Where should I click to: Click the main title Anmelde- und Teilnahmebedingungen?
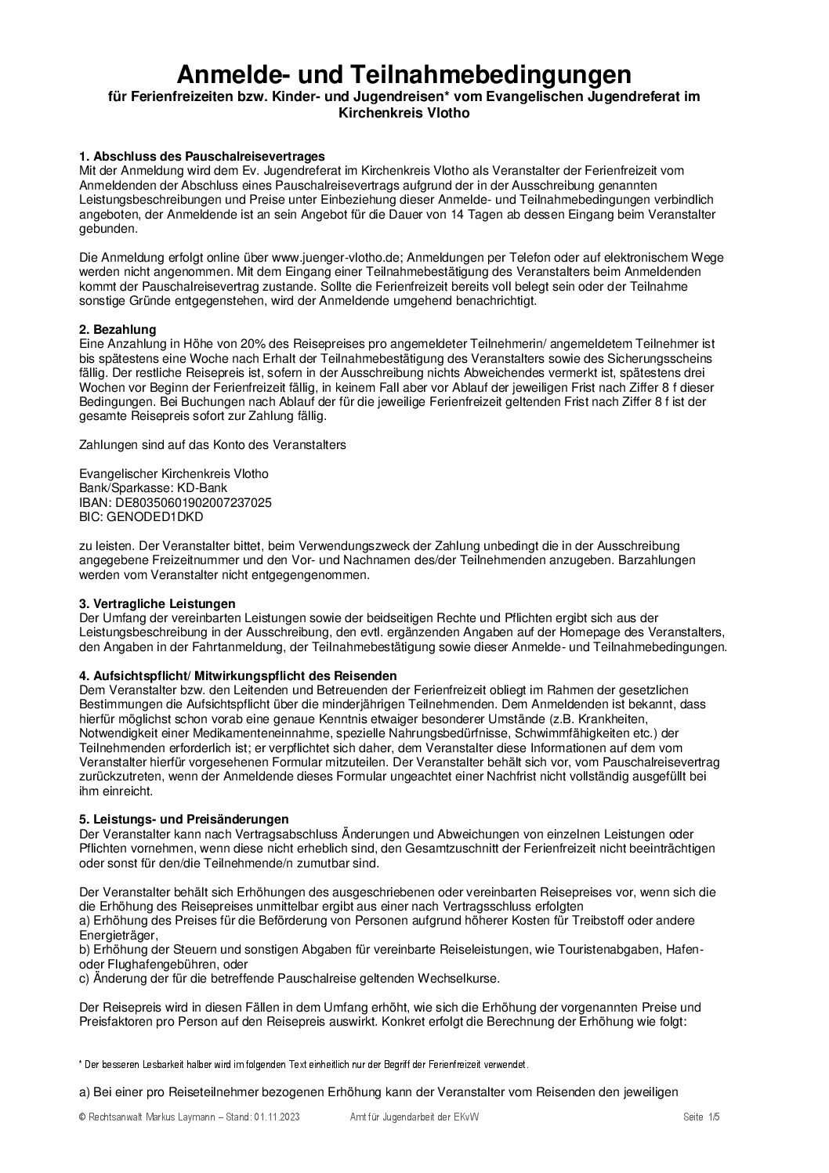coord(404,75)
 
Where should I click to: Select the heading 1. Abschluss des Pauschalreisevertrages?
coord(202,156)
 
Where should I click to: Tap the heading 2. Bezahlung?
coord(118,330)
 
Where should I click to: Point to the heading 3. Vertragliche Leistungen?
coord(157,603)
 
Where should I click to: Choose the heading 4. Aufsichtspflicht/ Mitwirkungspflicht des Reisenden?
coord(238,675)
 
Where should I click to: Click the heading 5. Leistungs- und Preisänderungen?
coord(184,820)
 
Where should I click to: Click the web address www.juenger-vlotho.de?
coord(331,258)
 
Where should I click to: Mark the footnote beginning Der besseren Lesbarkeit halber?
coord(304,1065)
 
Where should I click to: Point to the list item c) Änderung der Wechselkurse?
coord(289,979)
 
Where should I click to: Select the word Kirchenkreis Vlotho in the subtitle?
coord(404,112)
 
